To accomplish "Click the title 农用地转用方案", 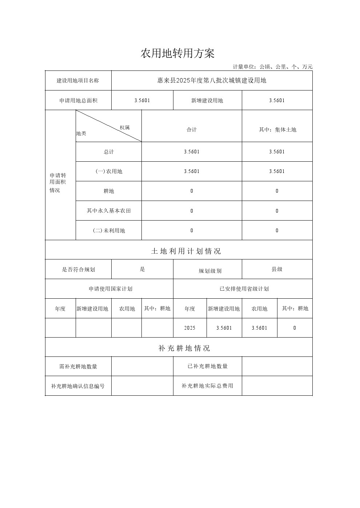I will pyautogui.click(x=177, y=54).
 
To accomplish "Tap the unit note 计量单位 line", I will pyautogui.click(x=272, y=67).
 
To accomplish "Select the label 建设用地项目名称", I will pyautogui.click(x=78, y=81).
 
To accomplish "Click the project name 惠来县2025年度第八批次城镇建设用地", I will pyautogui.click(x=212, y=81).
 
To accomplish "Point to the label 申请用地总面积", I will pyautogui.click(x=78, y=101).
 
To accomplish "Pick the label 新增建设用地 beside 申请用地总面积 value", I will pyautogui.click(x=207, y=101).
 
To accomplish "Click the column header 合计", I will pyautogui.click(x=192, y=130).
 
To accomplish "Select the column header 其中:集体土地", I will pyautogui.click(x=277, y=130).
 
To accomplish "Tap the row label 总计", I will pyautogui.click(x=109, y=152).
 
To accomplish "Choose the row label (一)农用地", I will pyautogui.click(x=109, y=172).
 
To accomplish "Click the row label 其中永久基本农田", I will pyautogui.click(x=109, y=211).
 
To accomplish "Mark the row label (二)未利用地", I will pyautogui.click(x=109, y=230).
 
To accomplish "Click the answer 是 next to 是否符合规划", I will pyautogui.click(x=142, y=269).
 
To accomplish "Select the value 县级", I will pyautogui.click(x=277, y=269).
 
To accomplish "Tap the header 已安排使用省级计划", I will pyautogui.click(x=244, y=289).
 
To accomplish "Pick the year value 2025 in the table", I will pyautogui.click(x=189, y=328).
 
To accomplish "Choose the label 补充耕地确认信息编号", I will pyautogui.click(x=78, y=386).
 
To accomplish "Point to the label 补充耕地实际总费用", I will pyautogui.click(x=207, y=386).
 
